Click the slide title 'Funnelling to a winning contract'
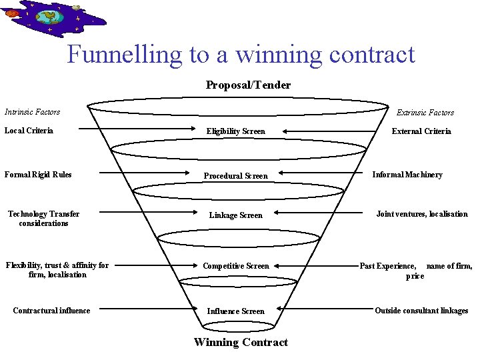point(241,55)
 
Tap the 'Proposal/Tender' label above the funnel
point(248,85)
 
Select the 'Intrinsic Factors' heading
point(32,111)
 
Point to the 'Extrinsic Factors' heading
point(425,113)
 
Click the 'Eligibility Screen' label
point(235,131)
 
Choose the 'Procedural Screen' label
point(235,176)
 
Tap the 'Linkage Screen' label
point(236,215)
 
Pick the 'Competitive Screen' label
point(236,266)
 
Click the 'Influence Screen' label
point(235,311)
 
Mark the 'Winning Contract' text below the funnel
point(241,342)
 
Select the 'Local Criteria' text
point(29,130)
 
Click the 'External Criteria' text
point(421,131)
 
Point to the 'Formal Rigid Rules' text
point(38,175)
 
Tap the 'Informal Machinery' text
point(407,175)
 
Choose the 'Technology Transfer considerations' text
point(43,219)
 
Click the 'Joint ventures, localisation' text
point(422,214)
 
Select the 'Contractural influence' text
point(51,310)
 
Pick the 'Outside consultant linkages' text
point(421,311)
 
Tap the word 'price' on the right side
point(415,276)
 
